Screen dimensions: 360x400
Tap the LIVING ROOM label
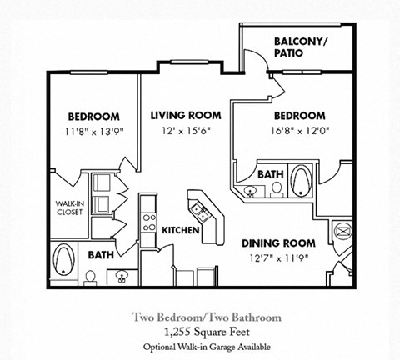[185, 116]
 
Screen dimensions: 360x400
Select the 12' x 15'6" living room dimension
[185, 131]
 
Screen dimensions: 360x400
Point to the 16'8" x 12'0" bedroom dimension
[300, 131]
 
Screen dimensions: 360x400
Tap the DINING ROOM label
[278, 243]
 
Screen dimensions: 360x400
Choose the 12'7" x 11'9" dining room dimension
[279, 257]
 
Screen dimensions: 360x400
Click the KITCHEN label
[180, 230]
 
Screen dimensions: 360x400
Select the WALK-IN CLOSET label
[69, 207]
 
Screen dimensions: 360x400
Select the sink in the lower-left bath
[122, 275]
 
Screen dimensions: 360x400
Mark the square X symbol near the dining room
[341, 230]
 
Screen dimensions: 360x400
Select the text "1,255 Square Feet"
[207, 331]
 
